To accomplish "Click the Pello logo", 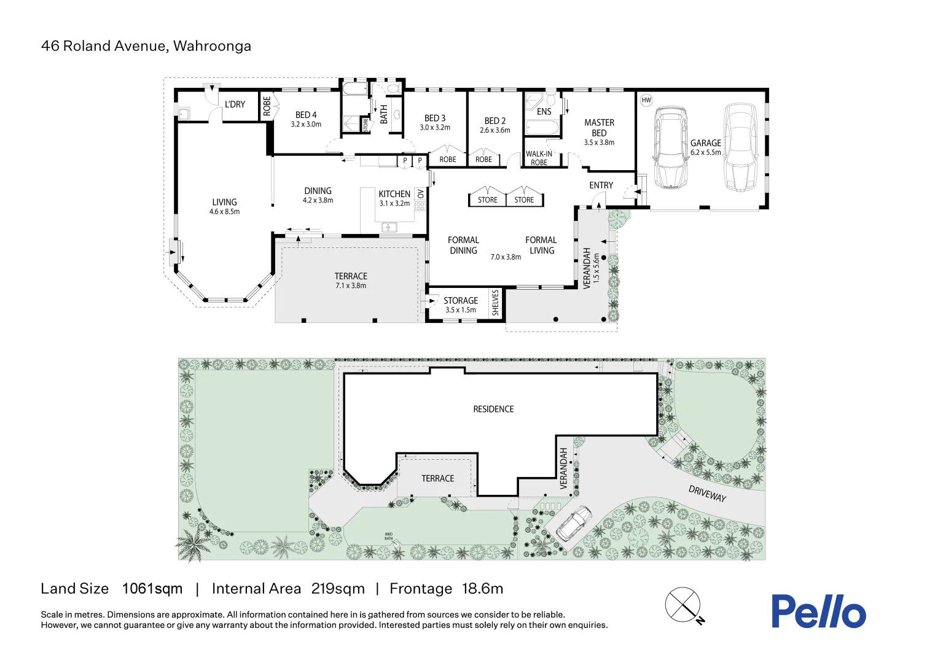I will [818, 611].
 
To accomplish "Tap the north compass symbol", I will [683, 605].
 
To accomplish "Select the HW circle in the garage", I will [646, 100].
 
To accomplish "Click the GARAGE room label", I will [705, 143].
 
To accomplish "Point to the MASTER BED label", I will [599, 128].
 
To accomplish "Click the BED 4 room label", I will [306, 115].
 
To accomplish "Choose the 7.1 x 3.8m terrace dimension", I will [351, 286].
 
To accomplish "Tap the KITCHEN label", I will [394, 194].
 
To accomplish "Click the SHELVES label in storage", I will [496, 303].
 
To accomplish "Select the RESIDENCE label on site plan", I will [493, 409].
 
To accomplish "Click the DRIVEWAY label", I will [707, 494].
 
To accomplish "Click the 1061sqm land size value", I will [152, 589].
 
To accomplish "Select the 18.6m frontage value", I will [482, 589].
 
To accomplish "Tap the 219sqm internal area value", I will [338, 589].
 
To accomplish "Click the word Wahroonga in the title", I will [212, 46].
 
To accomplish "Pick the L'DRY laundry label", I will [235, 104].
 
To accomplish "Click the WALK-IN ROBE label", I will [539, 158].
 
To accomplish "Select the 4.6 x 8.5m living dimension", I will [224, 212].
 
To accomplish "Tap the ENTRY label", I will [601, 185].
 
